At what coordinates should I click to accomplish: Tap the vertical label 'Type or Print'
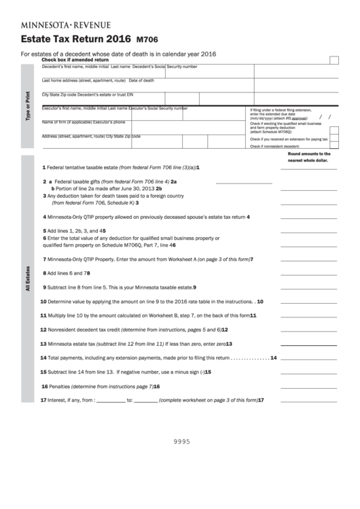pyautogui.click(x=28, y=105)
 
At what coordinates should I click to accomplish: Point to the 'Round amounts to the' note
pyautogui.click(x=309, y=154)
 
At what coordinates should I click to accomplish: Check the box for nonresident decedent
pyautogui.click(x=333, y=146)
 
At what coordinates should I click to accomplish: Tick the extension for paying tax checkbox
pyautogui.click(x=333, y=139)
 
